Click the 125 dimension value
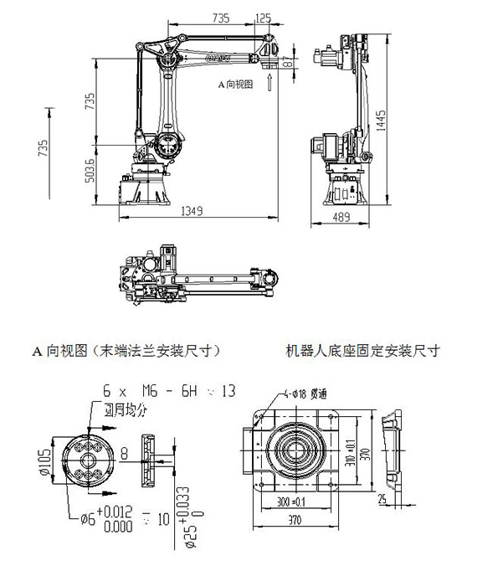click(262, 18)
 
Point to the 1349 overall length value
click(192, 213)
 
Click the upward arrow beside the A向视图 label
click(268, 82)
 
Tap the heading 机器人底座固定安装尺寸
click(362, 350)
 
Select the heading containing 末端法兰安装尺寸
click(128, 350)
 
